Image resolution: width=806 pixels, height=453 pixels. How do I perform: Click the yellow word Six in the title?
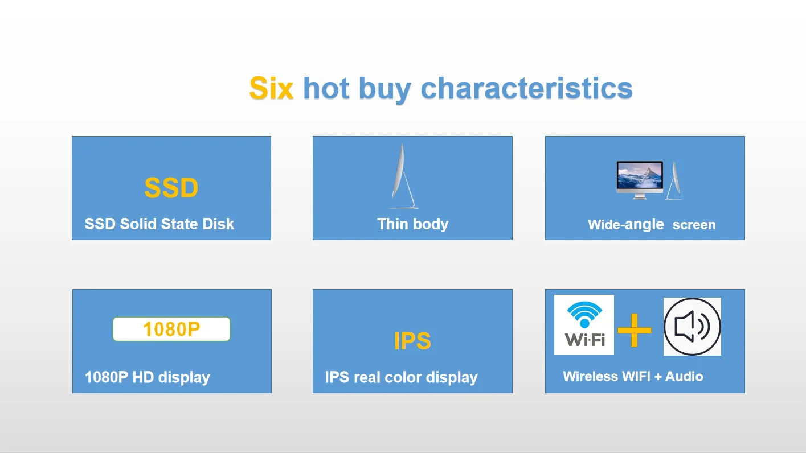point(271,88)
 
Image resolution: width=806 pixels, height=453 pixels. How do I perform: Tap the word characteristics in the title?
point(526,88)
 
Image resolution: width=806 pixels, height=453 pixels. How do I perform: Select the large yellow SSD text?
point(171,187)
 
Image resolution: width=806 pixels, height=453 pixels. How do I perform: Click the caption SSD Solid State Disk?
point(159,224)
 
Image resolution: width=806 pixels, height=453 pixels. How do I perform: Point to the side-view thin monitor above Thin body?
point(404,176)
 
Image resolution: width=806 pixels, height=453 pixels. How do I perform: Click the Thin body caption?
point(413,224)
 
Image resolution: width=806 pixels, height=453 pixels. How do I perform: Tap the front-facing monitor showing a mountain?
point(640,180)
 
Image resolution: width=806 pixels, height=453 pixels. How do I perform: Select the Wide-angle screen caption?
point(652,225)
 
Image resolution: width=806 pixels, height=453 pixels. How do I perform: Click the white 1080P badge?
point(171,329)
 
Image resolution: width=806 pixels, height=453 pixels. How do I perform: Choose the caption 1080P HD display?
point(147,377)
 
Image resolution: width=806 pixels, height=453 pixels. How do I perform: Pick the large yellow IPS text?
point(412,341)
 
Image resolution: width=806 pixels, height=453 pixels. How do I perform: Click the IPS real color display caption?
point(401,377)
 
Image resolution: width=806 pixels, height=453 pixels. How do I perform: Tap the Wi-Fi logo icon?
point(584,325)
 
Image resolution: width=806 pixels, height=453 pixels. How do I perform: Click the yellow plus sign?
point(635,330)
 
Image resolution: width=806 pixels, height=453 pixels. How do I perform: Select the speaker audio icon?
point(692,327)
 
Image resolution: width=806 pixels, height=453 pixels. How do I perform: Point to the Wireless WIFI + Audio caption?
point(633,376)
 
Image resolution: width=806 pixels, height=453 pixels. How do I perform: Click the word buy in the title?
point(384,89)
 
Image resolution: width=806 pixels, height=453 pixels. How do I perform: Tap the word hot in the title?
point(326,88)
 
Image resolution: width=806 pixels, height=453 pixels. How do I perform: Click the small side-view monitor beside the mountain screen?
point(674,180)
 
